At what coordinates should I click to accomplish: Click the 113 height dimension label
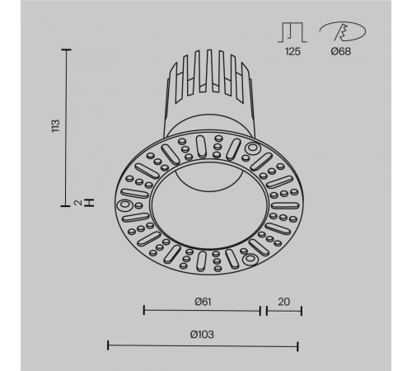tap(55, 126)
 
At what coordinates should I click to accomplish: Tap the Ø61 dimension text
tap(203, 302)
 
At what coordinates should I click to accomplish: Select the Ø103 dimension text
tap(202, 335)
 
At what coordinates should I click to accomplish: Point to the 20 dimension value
tap(283, 302)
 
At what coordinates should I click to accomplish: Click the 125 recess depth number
tap(293, 51)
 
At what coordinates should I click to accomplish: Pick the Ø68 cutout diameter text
tap(341, 51)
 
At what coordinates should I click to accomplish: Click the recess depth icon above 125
tap(293, 32)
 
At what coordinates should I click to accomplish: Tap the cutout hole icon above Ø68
tap(344, 31)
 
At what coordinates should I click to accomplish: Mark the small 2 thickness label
tap(78, 203)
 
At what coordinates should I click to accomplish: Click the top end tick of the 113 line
tap(66, 49)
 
